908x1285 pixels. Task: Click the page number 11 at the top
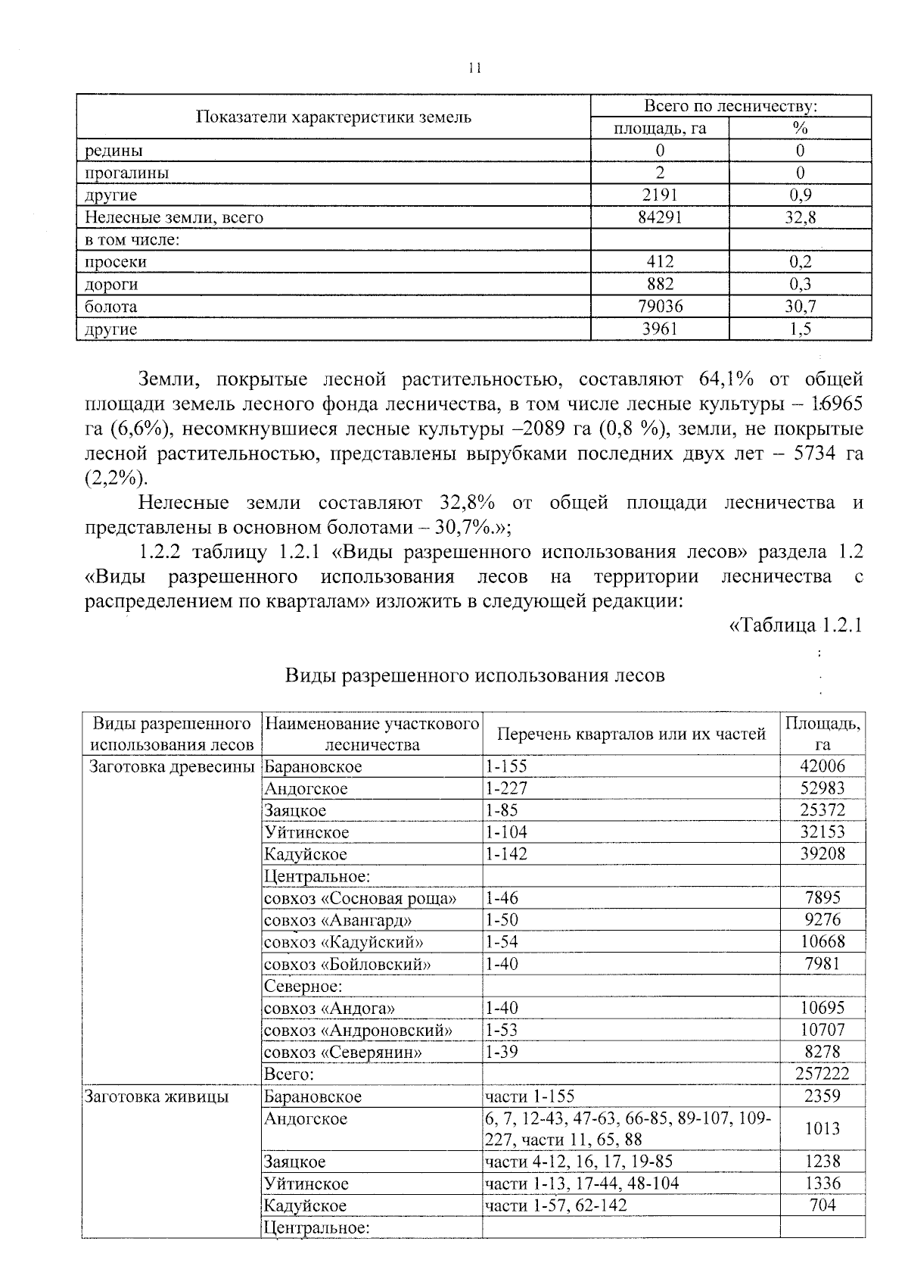(x=474, y=68)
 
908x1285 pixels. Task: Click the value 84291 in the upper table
(x=660, y=218)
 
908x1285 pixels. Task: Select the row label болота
(x=111, y=307)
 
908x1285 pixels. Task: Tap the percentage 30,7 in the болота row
(x=800, y=307)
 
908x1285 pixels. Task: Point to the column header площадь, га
(x=660, y=128)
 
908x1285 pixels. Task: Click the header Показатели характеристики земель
(x=333, y=117)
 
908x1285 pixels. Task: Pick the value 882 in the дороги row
(x=660, y=284)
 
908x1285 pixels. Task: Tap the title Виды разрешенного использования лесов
(x=474, y=675)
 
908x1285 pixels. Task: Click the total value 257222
(x=822, y=1074)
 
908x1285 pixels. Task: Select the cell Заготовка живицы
(x=157, y=1096)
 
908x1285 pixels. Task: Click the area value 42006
(x=822, y=766)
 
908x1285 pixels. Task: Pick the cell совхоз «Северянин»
(x=343, y=1053)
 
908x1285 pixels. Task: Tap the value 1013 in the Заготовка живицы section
(x=822, y=1129)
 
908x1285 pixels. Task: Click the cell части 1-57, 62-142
(x=556, y=1205)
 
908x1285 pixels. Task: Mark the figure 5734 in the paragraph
(x=804, y=454)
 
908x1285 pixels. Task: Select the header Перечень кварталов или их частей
(x=631, y=734)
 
